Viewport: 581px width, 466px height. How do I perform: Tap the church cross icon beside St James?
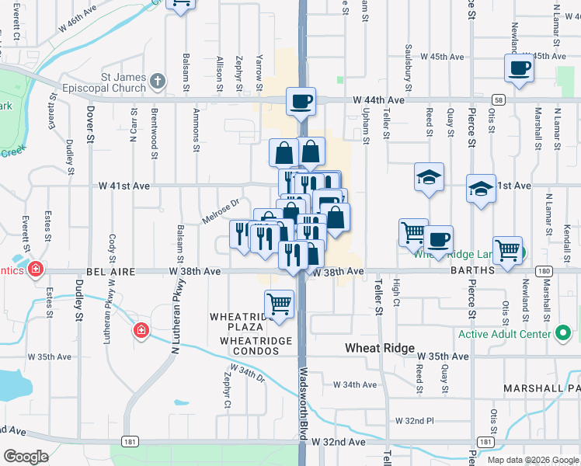pyautogui.click(x=158, y=81)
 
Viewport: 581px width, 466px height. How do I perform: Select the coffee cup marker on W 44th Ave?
pyautogui.click(x=301, y=101)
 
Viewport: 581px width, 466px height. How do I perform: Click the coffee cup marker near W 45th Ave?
pyautogui.click(x=518, y=68)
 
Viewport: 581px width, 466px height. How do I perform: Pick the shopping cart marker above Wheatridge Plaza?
pyautogui.click(x=279, y=304)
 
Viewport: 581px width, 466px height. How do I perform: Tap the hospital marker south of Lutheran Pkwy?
pyautogui.click(x=141, y=331)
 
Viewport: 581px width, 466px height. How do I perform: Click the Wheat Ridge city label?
pyautogui.click(x=380, y=349)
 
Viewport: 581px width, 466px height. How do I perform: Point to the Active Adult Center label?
pyautogui.click(x=505, y=335)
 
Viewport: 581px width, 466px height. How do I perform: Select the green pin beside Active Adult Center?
pyautogui.click(x=564, y=335)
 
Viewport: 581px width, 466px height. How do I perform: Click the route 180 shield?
pyautogui.click(x=544, y=271)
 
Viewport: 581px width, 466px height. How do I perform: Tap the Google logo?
pyautogui.click(x=26, y=456)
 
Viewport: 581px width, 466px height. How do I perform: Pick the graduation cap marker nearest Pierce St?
pyautogui.click(x=481, y=189)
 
